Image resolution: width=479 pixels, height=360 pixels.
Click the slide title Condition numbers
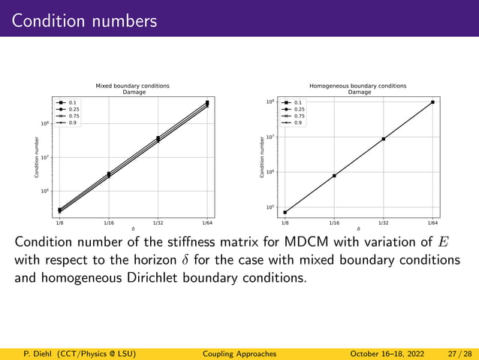pos(84,20)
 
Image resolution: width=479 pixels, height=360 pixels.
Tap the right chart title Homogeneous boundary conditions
pos(359,86)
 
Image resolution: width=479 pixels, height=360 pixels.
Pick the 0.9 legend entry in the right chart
pos(299,123)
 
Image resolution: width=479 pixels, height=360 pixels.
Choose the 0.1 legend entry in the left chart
pos(73,102)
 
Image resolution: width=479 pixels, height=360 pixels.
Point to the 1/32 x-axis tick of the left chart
pos(158,223)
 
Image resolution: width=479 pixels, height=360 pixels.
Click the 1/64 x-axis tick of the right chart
pos(432,223)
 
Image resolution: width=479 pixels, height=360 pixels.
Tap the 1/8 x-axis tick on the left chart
pos(59,223)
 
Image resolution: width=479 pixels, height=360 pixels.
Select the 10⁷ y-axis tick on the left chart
pos(44,158)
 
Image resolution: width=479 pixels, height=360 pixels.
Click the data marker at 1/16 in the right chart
pos(334,176)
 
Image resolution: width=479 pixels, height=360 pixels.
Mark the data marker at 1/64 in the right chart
pos(432,102)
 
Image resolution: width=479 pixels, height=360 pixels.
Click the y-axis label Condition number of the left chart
pos(36,158)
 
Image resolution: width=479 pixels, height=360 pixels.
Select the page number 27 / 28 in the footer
pos(457,353)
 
